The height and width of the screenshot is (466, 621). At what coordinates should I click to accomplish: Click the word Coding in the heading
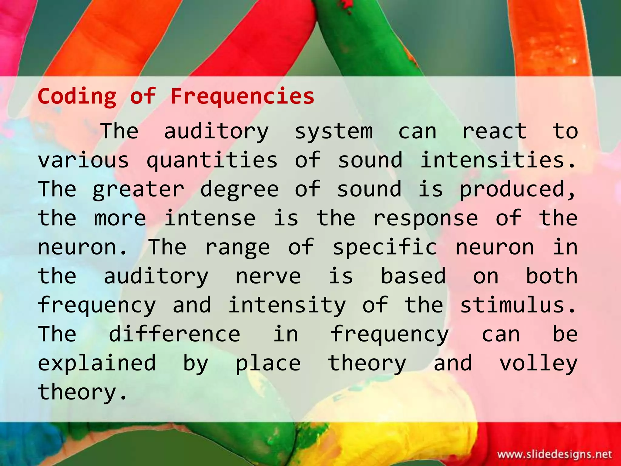pyautogui.click(x=77, y=96)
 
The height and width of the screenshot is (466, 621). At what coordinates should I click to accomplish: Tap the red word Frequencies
pyautogui.click(x=242, y=96)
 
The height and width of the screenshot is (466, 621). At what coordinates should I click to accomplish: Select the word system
pyautogui.click(x=334, y=131)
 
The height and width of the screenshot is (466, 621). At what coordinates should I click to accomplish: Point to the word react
pyautogui.click(x=494, y=131)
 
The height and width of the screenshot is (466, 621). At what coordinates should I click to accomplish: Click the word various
pyautogui.click(x=83, y=160)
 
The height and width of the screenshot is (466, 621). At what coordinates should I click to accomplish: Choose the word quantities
pyautogui.click(x=212, y=160)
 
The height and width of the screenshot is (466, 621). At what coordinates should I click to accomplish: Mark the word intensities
pyautogui.click(x=497, y=160)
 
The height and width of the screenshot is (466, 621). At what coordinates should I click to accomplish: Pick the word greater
pyautogui.click(x=138, y=189)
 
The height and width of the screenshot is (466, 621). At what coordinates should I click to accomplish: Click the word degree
pyautogui.click(x=240, y=189)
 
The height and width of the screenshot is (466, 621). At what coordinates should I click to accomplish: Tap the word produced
pyautogui.click(x=517, y=189)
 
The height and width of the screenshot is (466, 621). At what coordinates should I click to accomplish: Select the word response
pyautogui.click(x=425, y=218)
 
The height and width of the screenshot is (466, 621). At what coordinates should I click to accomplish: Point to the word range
pyautogui.click(x=237, y=247)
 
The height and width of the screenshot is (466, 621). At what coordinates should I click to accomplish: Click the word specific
pyautogui.click(x=385, y=247)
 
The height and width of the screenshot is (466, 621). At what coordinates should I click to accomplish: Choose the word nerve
pyautogui.click(x=268, y=276)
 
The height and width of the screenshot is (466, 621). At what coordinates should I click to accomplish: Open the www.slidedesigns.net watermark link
pyautogui.click(x=555, y=454)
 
